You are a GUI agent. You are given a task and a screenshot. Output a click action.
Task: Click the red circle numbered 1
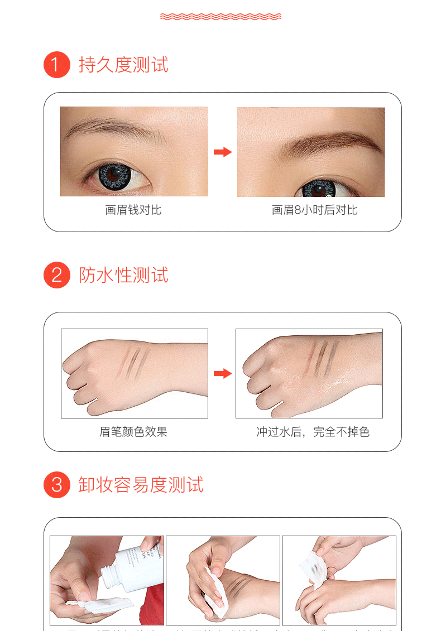[57, 65]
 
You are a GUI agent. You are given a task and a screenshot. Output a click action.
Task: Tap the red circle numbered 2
[57, 275]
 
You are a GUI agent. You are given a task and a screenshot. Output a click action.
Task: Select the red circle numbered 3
[57, 485]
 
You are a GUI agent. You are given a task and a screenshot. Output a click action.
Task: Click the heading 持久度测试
[123, 65]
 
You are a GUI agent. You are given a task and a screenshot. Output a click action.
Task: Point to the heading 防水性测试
[123, 275]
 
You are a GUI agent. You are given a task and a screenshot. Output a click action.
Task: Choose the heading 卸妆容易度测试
[141, 485]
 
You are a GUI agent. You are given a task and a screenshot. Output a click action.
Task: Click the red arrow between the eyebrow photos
[222, 152]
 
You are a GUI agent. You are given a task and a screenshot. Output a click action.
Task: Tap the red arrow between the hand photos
[222, 373]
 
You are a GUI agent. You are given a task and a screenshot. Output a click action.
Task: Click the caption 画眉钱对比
[133, 210]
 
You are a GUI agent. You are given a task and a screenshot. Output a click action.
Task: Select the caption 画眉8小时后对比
[314, 210]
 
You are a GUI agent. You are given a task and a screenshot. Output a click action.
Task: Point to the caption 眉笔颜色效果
[133, 432]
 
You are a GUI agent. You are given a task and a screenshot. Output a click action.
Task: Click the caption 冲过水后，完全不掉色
[313, 432]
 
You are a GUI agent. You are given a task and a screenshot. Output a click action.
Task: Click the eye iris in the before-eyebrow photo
[115, 175]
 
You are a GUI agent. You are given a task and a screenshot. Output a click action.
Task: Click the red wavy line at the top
[220, 16]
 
